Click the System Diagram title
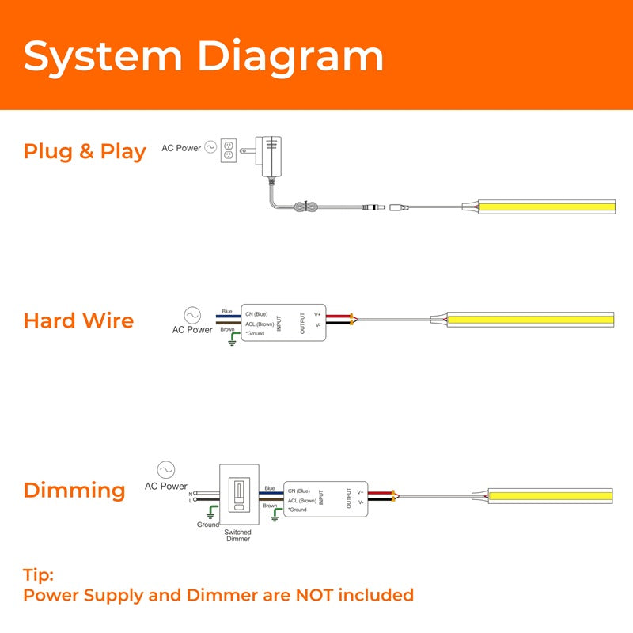tap(203, 57)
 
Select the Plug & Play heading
tap(85, 151)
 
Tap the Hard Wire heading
tap(78, 320)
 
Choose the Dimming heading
tap(74, 490)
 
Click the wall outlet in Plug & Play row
tap(229, 151)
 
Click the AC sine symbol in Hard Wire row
tap(192, 314)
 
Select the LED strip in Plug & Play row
tap(545, 207)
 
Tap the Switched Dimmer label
tap(237, 535)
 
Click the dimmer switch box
tap(237, 496)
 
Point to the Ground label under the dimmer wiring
tap(208, 525)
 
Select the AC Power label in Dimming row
tap(166, 486)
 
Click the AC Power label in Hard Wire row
tap(192, 329)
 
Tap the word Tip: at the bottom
tap(39, 575)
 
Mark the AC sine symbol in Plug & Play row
tap(210, 147)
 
